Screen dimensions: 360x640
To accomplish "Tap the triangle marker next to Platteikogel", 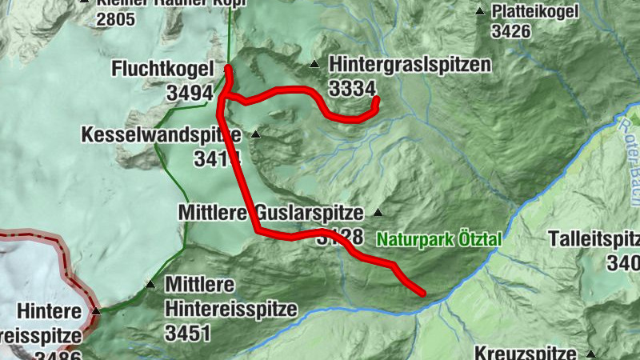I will click(x=480, y=11).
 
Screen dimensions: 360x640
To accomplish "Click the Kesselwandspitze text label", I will click(x=161, y=134).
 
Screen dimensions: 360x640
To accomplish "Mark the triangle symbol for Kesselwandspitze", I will click(x=256, y=134).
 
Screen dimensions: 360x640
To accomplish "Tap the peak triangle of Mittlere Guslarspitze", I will click(x=378, y=213).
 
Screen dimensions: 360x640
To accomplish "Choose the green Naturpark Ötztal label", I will click(x=439, y=238).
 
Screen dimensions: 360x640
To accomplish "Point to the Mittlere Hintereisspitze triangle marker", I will click(x=150, y=284).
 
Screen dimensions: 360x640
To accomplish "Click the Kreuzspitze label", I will click(x=526, y=353).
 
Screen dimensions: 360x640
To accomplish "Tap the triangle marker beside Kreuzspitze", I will click(x=590, y=354).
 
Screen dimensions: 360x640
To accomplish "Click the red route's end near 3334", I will click(x=374, y=101).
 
